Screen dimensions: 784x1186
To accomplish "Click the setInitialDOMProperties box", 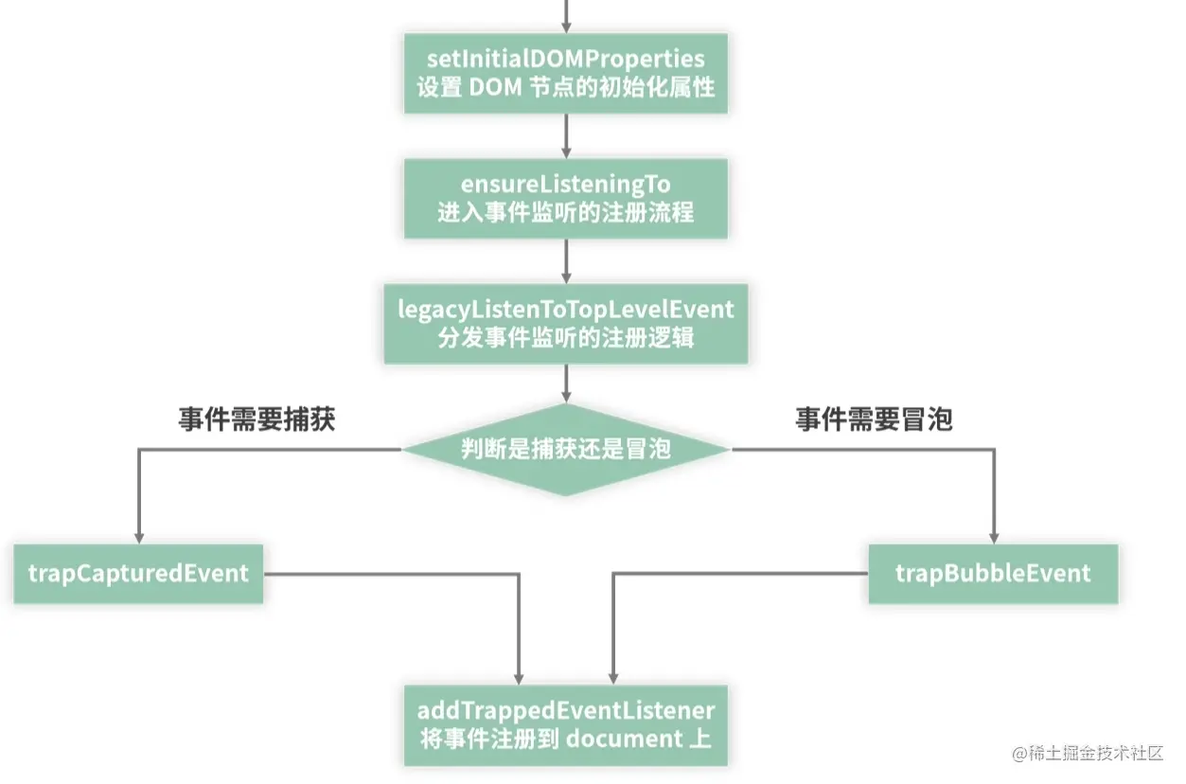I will click(x=565, y=73).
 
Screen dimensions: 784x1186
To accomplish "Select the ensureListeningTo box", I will click(x=565, y=198).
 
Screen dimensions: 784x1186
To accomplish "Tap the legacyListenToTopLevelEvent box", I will click(x=565, y=323).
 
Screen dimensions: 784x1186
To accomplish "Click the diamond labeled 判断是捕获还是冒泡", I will click(x=565, y=449).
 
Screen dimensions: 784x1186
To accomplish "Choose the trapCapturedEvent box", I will click(x=138, y=573).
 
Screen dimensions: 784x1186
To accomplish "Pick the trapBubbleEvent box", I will click(x=993, y=573).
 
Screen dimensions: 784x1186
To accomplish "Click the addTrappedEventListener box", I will click(x=565, y=724).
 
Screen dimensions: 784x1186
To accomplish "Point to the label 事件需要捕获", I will click(x=257, y=420).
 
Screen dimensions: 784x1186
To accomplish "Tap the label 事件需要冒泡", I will click(x=873, y=420).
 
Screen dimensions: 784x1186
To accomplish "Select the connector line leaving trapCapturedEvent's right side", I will click(x=388, y=573).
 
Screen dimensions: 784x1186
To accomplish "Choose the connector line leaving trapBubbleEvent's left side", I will click(x=738, y=573).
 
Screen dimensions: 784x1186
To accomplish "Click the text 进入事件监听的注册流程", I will click(x=565, y=211).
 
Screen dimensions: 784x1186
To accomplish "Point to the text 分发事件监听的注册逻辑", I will click(x=565, y=337).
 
